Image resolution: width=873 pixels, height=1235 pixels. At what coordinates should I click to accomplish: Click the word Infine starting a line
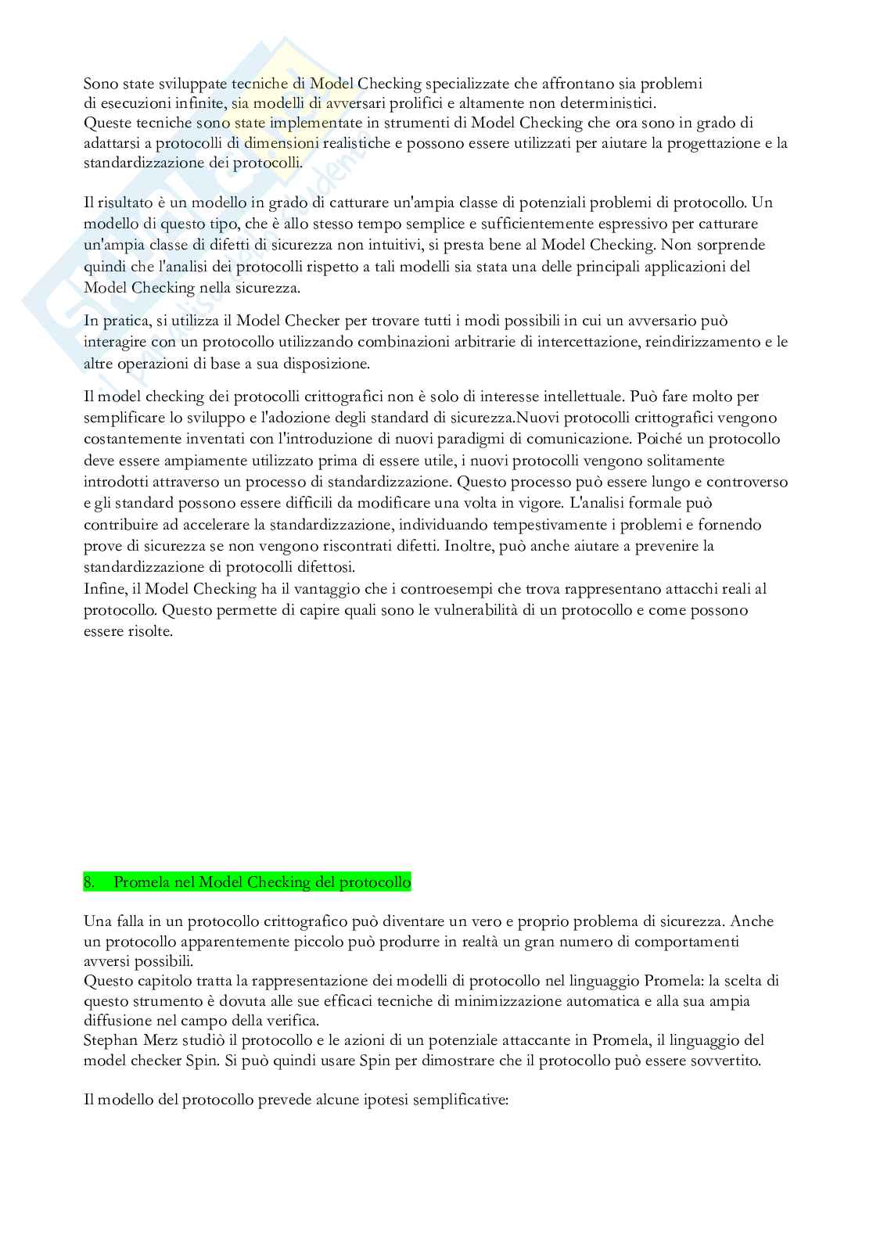101,588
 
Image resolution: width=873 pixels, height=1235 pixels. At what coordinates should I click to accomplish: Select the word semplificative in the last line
462,1100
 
